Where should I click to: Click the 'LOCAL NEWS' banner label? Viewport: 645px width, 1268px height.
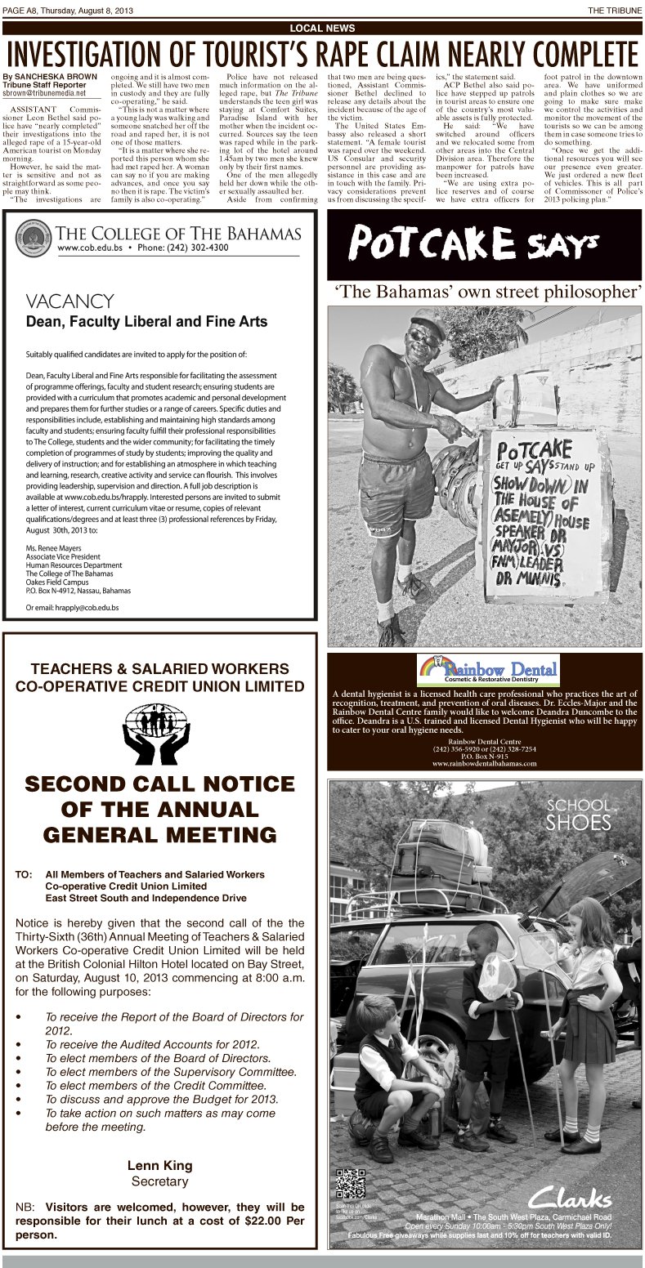pyautogui.click(x=322, y=29)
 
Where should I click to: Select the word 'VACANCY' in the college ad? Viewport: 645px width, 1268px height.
pyautogui.click(x=69, y=302)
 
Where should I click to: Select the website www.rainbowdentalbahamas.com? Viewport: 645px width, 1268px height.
pyautogui.click(x=484, y=764)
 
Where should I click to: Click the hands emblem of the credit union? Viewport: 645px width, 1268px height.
pyautogui.click(x=155, y=729)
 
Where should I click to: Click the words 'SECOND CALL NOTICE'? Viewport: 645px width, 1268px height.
pyautogui.click(x=159, y=785)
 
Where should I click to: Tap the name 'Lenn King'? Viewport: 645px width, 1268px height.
pyautogui.click(x=159, y=1165)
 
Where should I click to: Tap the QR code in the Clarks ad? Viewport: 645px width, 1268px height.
pyautogui.click(x=351, y=1185)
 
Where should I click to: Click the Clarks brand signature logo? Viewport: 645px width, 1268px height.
pyautogui.click(x=569, y=1199)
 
